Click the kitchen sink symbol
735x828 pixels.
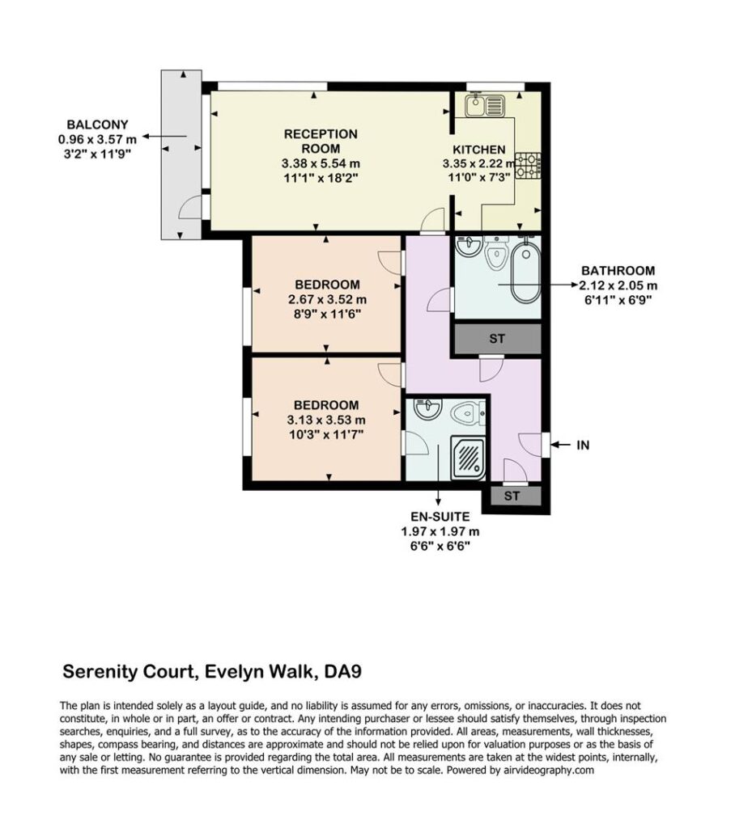[486, 106]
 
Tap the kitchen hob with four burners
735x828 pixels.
[528, 165]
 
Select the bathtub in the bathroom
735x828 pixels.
[525, 272]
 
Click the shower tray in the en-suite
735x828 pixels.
[467, 458]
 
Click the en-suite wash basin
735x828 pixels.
[427, 408]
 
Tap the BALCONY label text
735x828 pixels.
[97, 125]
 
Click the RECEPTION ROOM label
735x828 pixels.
[321, 142]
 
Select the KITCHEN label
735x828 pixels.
[479, 150]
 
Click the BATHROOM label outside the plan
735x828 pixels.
[618, 271]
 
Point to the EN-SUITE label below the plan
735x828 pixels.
[440, 517]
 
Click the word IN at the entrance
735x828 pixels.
[583, 446]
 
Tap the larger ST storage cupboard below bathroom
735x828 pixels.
[497, 339]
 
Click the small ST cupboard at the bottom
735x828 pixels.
[512, 496]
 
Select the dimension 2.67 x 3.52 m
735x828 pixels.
[327, 300]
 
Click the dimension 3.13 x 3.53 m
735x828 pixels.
[326, 420]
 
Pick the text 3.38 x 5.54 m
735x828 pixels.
[321, 163]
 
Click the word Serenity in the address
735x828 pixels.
[96, 672]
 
